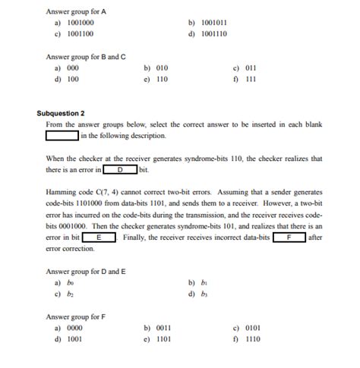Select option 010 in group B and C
162,68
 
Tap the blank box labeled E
99,237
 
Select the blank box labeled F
289,237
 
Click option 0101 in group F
253,328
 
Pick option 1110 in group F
253,339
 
